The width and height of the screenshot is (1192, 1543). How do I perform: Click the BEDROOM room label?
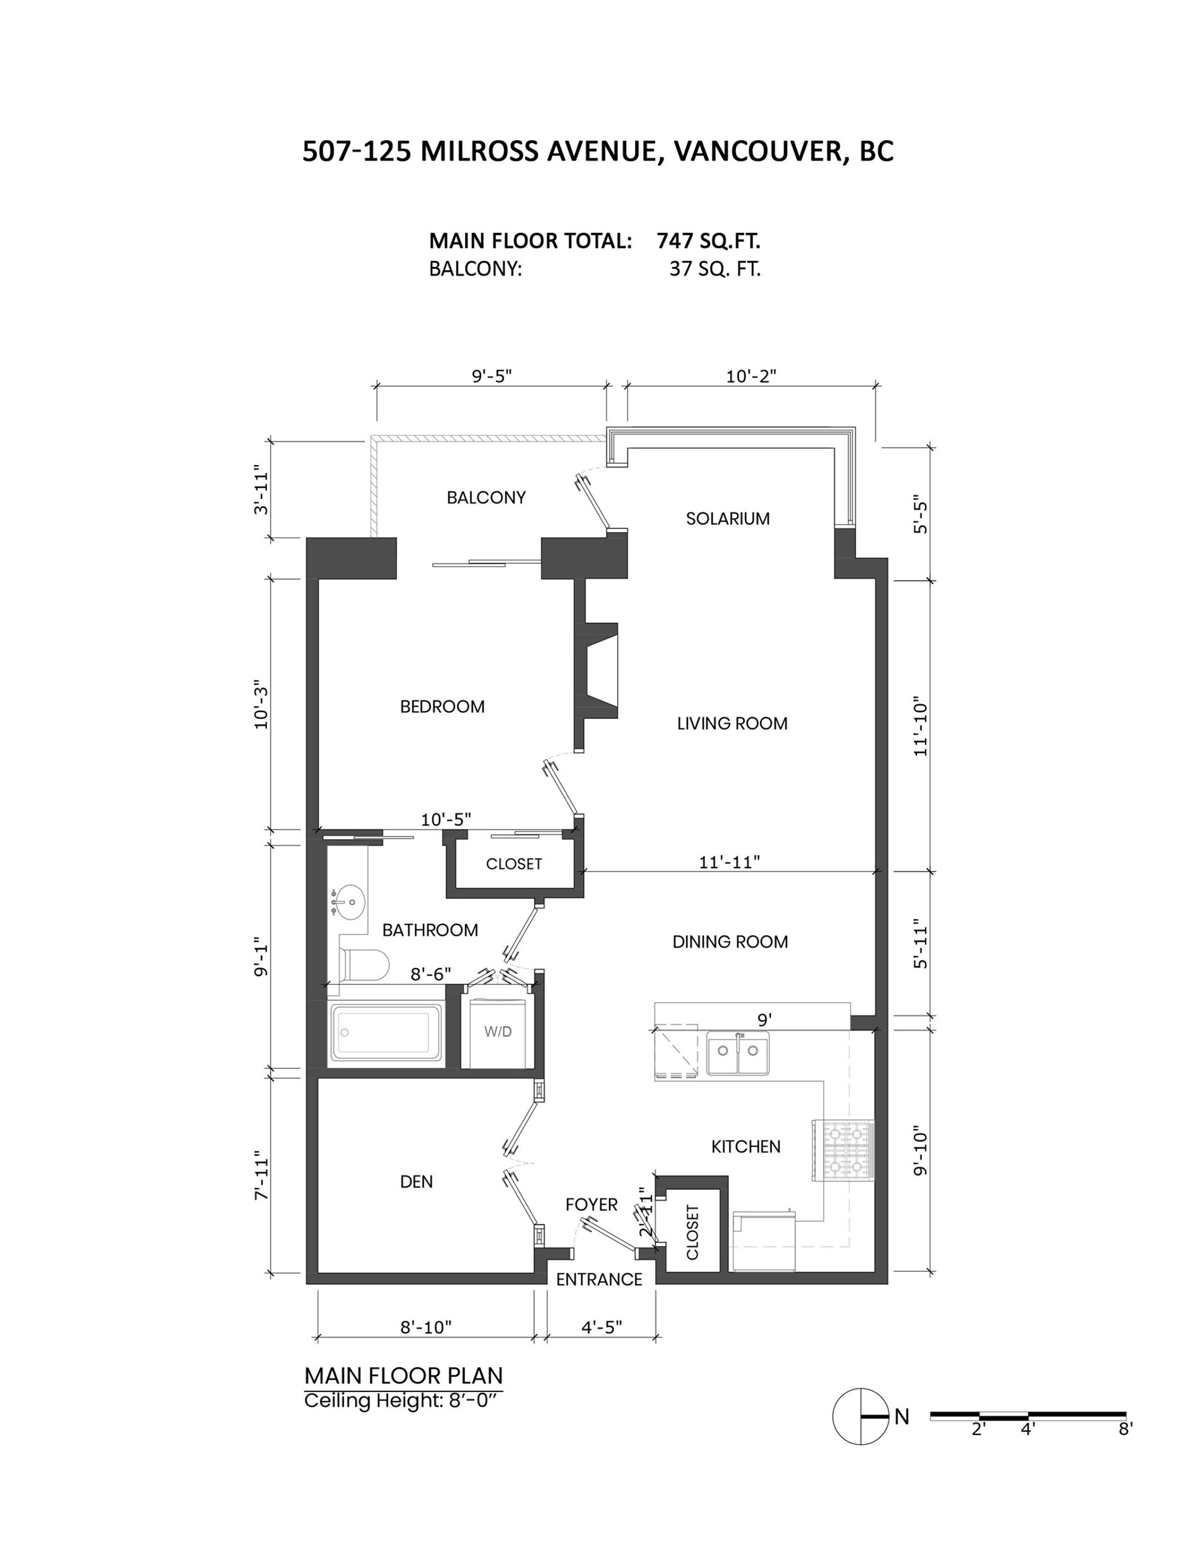pos(442,707)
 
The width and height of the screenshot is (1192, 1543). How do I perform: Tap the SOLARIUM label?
pos(728,518)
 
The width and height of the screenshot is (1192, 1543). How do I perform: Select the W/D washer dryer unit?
pos(498,1031)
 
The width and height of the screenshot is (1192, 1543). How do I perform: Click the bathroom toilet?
pos(364,964)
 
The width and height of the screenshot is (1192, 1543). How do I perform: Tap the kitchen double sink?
pos(738,1052)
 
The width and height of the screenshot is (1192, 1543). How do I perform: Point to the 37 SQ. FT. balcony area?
pos(715,269)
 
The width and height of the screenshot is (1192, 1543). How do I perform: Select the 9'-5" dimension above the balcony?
pos(492,375)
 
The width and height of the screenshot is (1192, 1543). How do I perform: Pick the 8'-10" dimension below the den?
pos(426,1328)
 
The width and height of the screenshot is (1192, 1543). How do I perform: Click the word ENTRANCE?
pos(599,1280)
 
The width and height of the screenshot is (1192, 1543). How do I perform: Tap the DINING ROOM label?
pos(730,942)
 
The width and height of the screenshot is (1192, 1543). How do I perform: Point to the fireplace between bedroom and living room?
pos(598,671)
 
